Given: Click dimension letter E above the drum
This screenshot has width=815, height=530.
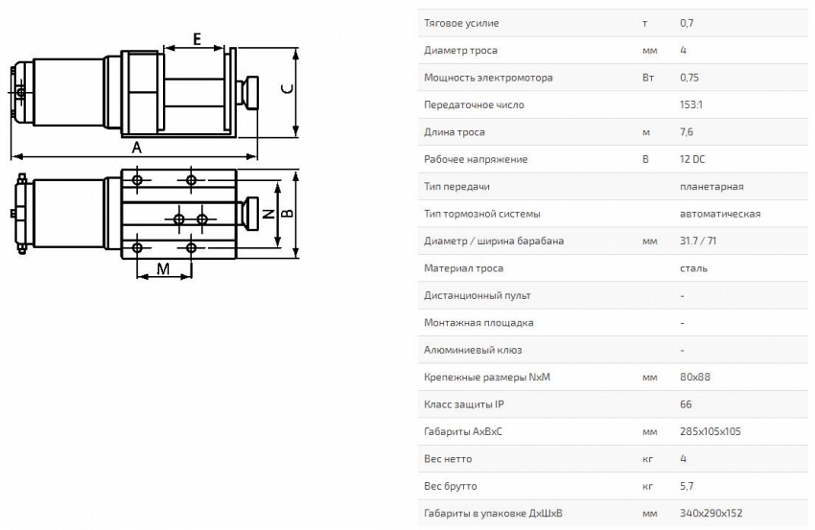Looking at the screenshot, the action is coord(197,39).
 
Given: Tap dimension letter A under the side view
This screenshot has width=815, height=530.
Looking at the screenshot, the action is coord(137,148).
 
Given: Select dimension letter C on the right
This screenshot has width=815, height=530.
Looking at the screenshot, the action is coord(287,88).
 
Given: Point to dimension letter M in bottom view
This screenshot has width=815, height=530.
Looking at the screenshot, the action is coord(163,268).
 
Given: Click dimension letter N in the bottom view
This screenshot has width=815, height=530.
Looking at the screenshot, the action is coord(268,213).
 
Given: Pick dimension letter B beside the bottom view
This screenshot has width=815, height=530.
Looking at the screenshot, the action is coord(287,213).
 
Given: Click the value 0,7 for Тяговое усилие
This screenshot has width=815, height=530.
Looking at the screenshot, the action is coord(687,23).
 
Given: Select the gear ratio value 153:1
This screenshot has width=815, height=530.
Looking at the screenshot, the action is coord(690,105).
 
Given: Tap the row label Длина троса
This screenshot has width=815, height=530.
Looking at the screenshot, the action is coord(454,132).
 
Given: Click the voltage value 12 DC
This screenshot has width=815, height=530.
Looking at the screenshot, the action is coord(692,159).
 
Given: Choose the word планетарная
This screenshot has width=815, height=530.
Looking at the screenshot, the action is coord(711,187).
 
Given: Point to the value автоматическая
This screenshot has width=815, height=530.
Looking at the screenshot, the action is coord(720,214).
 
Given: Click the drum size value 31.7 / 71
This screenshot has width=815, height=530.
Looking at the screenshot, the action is coord(698,242).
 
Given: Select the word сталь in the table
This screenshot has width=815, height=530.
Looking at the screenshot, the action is coord(693,268).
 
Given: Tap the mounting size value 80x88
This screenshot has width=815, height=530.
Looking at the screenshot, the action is coord(695,378).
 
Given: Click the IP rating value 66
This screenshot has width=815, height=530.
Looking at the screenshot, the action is coord(686,404).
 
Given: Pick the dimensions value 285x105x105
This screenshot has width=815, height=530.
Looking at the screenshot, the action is coord(710,432).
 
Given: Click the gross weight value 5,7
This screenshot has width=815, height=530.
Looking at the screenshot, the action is coord(687,486).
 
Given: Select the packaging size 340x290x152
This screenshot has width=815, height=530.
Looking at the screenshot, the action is coord(711,514).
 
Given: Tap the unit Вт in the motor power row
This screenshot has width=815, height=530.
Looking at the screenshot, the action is coord(648,78).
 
